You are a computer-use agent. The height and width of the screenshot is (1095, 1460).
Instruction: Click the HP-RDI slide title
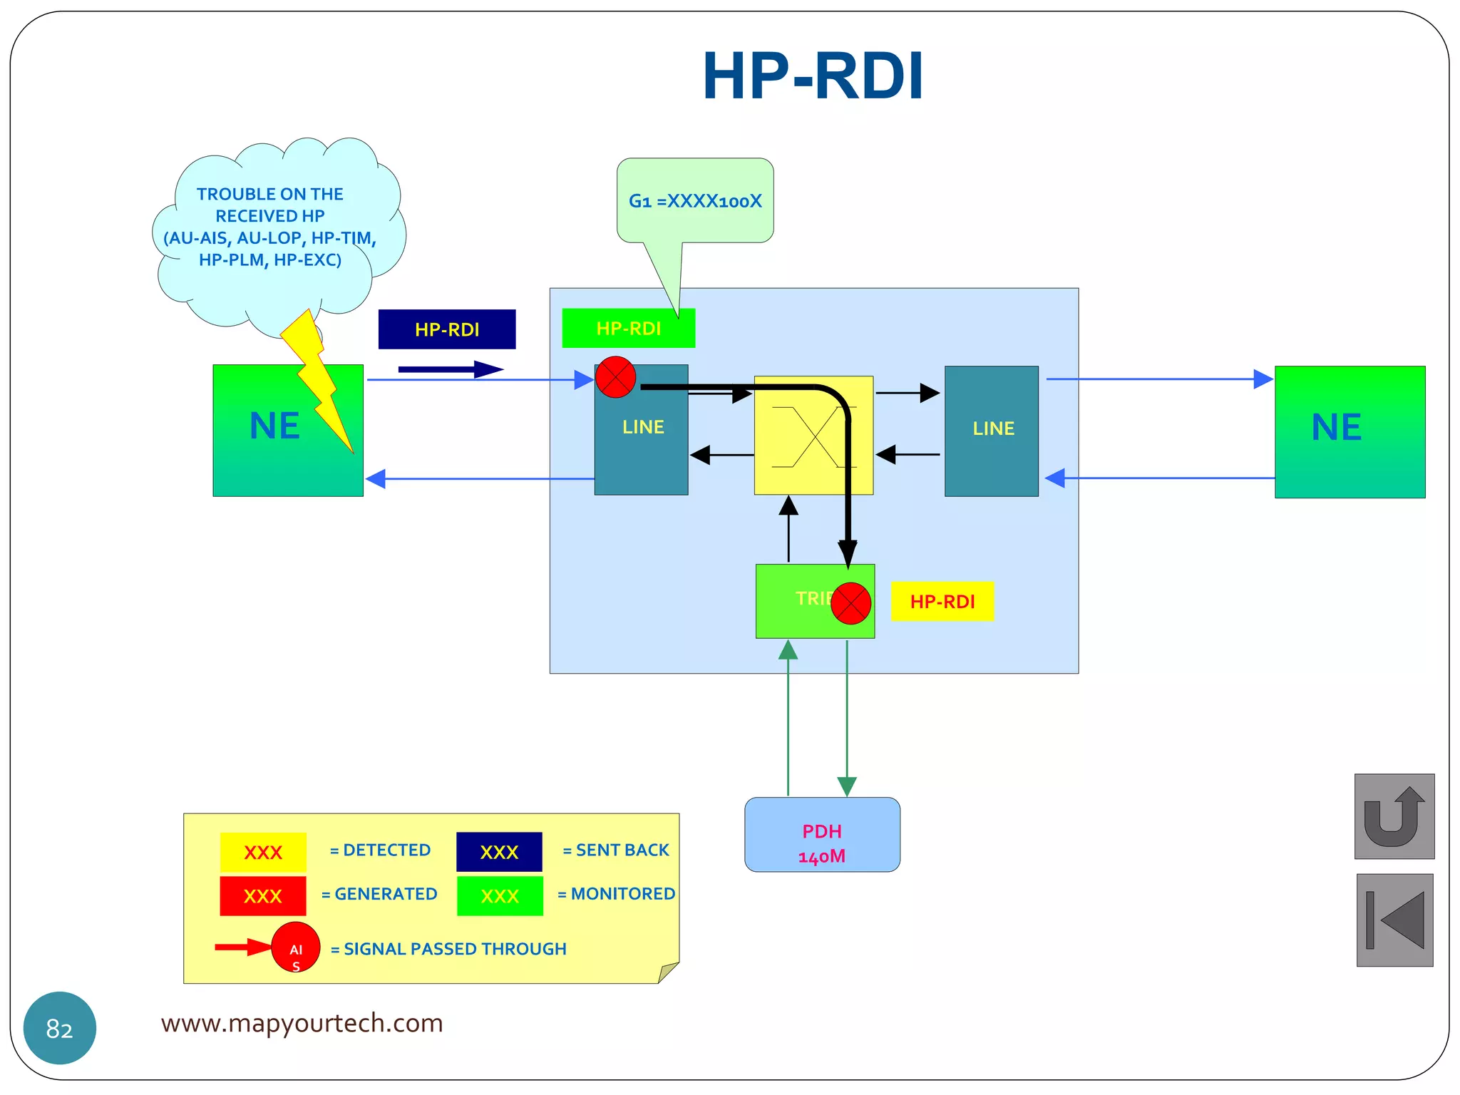click(x=813, y=76)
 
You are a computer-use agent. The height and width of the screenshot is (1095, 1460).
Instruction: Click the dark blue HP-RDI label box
click(x=447, y=329)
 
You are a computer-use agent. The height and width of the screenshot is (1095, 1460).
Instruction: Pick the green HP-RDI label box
click(x=628, y=329)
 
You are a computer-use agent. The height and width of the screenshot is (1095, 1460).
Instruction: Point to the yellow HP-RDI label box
click(x=942, y=602)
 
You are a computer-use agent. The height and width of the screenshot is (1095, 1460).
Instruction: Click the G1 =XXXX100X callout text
click(x=695, y=201)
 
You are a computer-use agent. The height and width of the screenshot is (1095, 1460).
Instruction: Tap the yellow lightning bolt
click(x=317, y=378)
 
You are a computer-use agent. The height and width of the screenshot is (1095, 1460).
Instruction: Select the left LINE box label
click(x=642, y=427)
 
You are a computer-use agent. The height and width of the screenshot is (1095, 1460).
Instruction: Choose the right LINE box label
click(x=992, y=428)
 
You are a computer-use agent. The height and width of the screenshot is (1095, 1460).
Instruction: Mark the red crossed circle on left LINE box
click(x=615, y=377)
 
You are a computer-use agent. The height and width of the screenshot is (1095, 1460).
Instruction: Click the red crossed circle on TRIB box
click(x=850, y=604)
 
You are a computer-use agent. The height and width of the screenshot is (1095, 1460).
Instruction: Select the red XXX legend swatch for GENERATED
click(x=262, y=896)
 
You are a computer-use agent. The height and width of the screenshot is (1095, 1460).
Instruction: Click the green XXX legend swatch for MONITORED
click(x=500, y=896)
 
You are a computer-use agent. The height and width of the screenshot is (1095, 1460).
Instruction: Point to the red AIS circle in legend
click(x=295, y=947)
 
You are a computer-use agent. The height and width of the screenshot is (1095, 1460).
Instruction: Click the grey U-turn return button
click(x=1394, y=816)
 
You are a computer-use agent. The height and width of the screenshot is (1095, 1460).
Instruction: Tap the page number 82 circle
click(x=60, y=1028)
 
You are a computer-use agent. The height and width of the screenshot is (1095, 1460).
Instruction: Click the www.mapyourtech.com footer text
click(x=302, y=1023)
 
